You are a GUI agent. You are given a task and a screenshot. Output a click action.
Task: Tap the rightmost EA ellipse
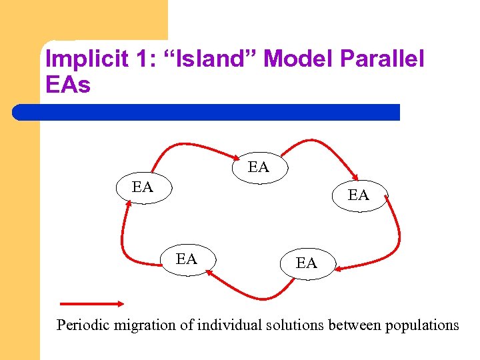tap(359, 195)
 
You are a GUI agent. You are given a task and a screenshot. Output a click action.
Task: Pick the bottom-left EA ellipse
tap(187, 259)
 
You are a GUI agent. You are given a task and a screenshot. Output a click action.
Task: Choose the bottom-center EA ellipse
tap(306, 263)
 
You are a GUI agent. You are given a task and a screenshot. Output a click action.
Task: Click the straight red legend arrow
tap(91, 303)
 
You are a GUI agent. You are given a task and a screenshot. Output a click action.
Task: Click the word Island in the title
tap(214, 59)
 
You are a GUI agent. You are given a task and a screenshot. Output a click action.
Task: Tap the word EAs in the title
tap(67, 85)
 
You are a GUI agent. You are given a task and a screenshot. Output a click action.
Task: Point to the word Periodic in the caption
tap(85, 325)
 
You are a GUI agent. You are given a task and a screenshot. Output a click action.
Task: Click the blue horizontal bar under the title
tap(207, 112)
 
